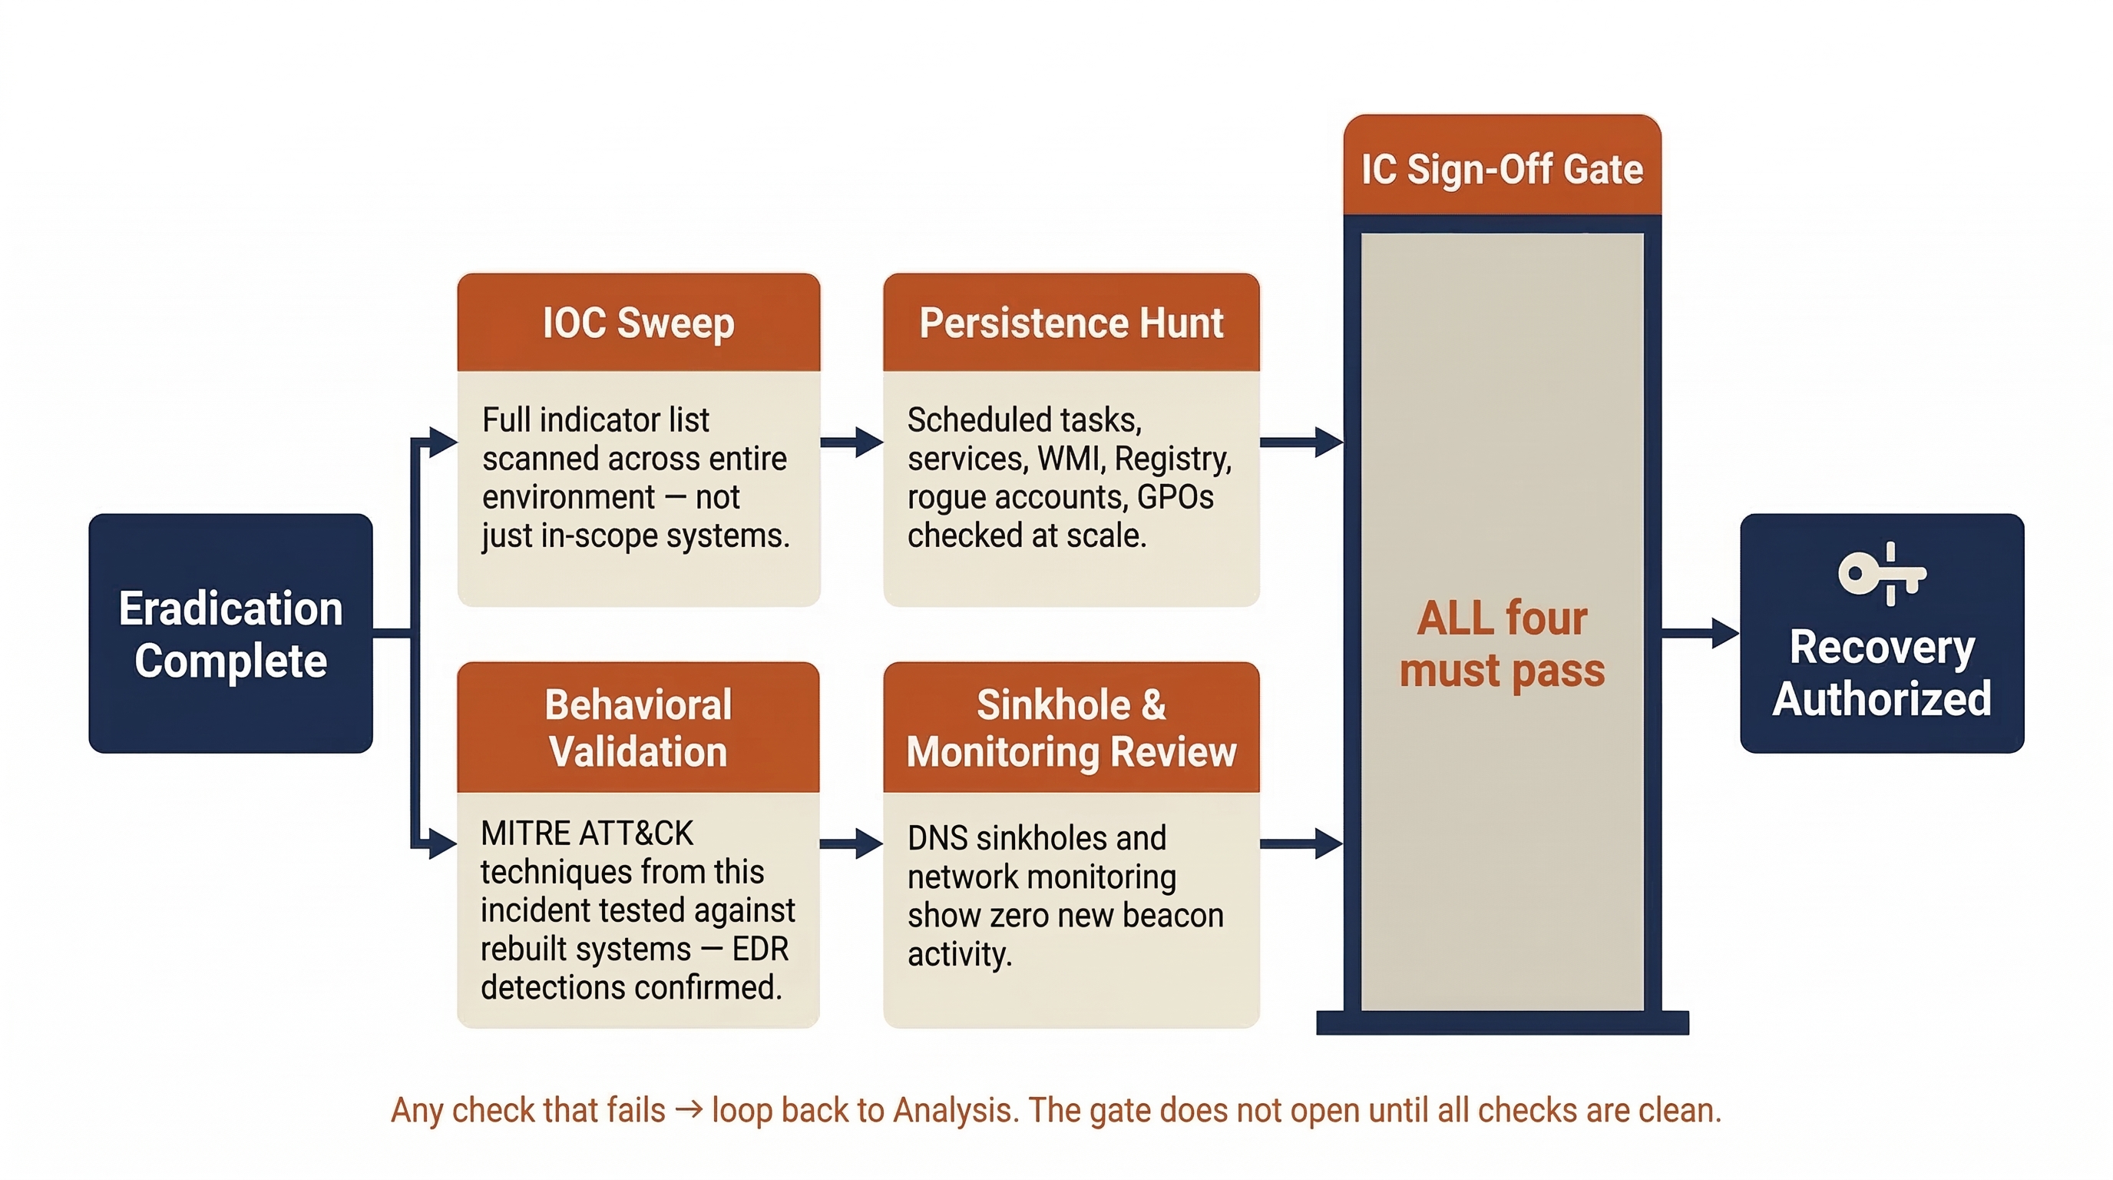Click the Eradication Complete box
[230, 634]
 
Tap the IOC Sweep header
[638, 323]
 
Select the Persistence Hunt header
[1070, 323]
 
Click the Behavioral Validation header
[638, 728]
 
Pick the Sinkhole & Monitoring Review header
[1070, 728]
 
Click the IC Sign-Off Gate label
[1502, 170]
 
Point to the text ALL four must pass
[1502, 643]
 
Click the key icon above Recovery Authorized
[1882, 574]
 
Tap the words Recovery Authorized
[1882, 673]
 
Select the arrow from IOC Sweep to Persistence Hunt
[851, 442]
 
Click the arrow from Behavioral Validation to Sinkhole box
[851, 844]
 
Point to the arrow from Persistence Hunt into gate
[1301, 442]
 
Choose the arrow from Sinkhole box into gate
[1301, 844]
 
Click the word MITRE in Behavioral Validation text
[525, 834]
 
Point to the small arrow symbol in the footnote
[689, 1110]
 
